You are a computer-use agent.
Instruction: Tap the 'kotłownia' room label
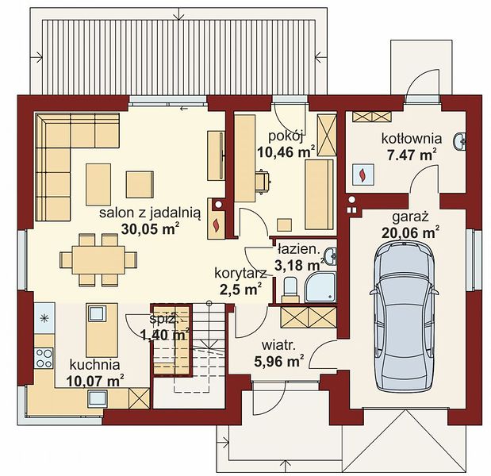click(x=411, y=138)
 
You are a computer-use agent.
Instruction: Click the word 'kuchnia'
click(x=94, y=365)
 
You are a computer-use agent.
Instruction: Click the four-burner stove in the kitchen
click(x=44, y=358)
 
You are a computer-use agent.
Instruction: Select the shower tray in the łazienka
click(x=320, y=287)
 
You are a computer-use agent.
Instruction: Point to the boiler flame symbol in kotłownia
click(x=363, y=175)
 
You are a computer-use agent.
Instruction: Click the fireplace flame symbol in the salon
click(x=216, y=225)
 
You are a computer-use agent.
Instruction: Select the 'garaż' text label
click(x=410, y=217)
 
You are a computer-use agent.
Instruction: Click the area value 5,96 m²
click(x=279, y=362)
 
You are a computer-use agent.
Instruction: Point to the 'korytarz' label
click(x=240, y=273)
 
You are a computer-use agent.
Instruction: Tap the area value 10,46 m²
click(x=286, y=152)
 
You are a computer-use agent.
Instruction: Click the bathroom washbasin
click(x=330, y=255)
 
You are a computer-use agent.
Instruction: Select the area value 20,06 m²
click(x=410, y=232)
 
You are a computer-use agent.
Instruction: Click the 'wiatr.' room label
click(x=278, y=346)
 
